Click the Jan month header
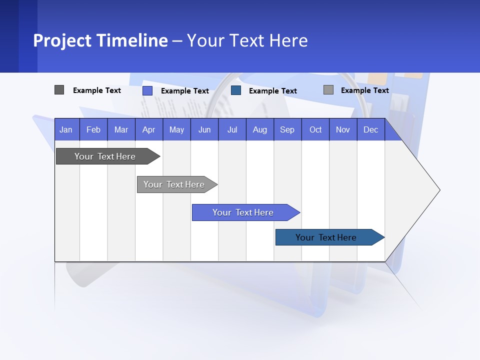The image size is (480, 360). point(66,129)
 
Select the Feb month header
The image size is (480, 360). point(93,129)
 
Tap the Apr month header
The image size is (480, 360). point(149,129)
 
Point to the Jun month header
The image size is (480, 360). point(204,129)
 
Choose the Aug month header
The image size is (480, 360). point(260,129)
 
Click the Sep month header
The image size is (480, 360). point(287,129)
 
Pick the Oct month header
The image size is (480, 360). point(315,129)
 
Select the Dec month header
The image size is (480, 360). point(371,129)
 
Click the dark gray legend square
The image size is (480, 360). point(59,90)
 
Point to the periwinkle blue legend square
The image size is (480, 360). point(147,90)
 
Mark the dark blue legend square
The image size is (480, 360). point(236,90)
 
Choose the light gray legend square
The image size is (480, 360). point(328,90)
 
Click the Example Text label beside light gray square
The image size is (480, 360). point(364,90)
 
